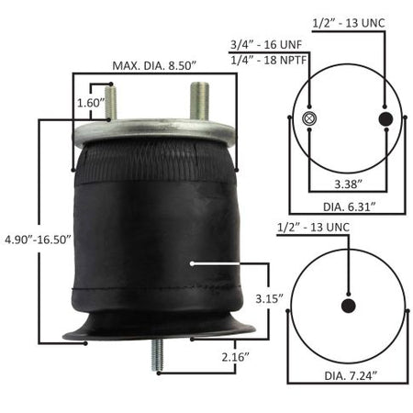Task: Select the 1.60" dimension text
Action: coord(90,103)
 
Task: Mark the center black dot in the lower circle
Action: coord(349,307)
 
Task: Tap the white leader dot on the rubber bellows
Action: coord(190,263)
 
